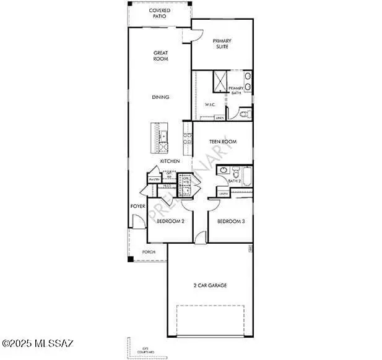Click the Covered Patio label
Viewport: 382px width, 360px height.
[x=160, y=14]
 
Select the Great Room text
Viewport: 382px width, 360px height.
[x=161, y=57]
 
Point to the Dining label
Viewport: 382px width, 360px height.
[x=161, y=97]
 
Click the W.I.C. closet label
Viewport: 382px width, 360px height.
[x=210, y=105]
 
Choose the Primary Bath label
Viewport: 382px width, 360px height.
[x=237, y=91]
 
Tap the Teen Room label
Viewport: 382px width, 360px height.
[x=222, y=142]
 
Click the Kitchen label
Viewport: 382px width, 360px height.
[x=170, y=161]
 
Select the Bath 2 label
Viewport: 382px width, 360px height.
[x=234, y=181]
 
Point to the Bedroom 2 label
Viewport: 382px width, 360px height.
[x=170, y=221]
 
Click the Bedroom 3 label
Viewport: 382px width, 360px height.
[x=230, y=221]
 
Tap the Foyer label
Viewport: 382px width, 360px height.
[x=137, y=206]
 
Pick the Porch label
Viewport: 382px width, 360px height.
[x=149, y=252]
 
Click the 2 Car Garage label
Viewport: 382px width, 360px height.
[x=210, y=285]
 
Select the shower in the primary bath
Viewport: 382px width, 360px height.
[x=220, y=81]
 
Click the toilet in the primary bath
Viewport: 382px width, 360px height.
[x=243, y=114]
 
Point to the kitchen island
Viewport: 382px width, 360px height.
[x=159, y=139]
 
